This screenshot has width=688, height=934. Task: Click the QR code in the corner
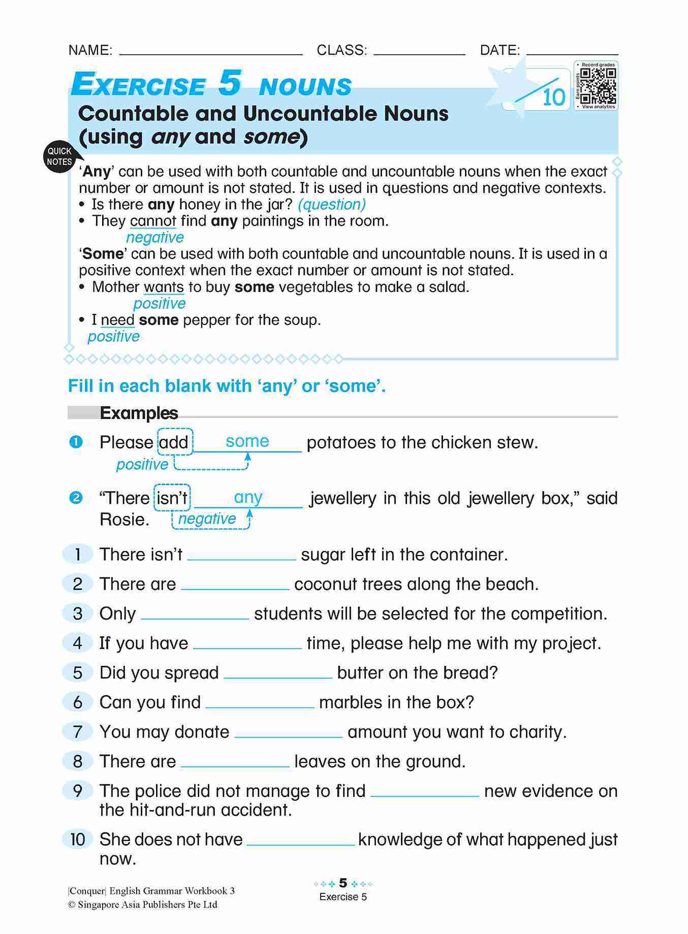coord(598,86)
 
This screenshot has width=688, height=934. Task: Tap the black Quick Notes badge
coord(59,156)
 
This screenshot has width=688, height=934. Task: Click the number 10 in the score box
coord(553,97)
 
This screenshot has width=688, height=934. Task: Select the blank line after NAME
coord(210,52)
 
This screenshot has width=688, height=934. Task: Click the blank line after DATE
coord(572,52)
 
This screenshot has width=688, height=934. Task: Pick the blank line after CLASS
coord(419,52)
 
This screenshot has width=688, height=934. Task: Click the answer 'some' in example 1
coord(247,441)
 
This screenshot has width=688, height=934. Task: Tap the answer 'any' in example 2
coord(247,496)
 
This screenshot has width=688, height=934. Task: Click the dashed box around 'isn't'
coord(172,498)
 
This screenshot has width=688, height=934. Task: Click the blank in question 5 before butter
coord(277,676)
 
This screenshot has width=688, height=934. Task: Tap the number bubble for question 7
coord(77,732)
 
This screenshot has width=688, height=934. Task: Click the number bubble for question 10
coord(77,839)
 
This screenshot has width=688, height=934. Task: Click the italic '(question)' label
coord(331,204)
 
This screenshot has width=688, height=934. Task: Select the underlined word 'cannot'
coord(153,221)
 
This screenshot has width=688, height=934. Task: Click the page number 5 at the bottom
coord(343,883)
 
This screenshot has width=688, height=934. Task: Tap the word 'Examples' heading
coord(139,413)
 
